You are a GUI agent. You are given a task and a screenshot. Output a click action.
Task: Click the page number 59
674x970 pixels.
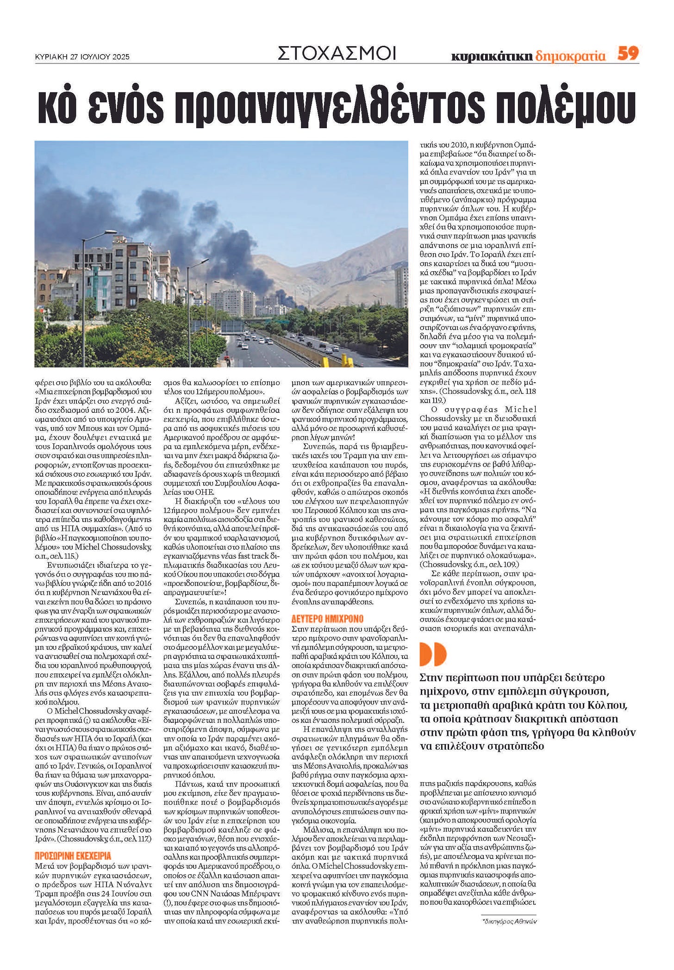click(x=628, y=54)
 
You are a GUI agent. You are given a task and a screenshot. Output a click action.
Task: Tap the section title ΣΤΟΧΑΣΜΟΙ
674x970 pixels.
click(x=337, y=54)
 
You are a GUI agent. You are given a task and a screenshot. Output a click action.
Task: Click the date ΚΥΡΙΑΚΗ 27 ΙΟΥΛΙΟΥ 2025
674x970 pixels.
click(x=82, y=57)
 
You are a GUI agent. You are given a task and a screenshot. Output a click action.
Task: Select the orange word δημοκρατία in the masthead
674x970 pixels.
click(x=570, y=56)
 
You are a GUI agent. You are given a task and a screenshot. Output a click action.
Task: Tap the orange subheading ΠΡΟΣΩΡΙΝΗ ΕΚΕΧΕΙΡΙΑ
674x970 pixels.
click(x=73, y=856)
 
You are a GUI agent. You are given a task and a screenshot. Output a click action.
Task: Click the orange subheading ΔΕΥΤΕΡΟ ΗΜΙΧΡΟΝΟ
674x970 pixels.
click(x=327, y=619)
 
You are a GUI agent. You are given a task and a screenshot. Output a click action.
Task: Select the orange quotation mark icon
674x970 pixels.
click(x=432, y=654)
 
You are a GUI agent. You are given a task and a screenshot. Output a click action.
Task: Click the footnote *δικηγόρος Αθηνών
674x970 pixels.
click(x=509, y=921)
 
